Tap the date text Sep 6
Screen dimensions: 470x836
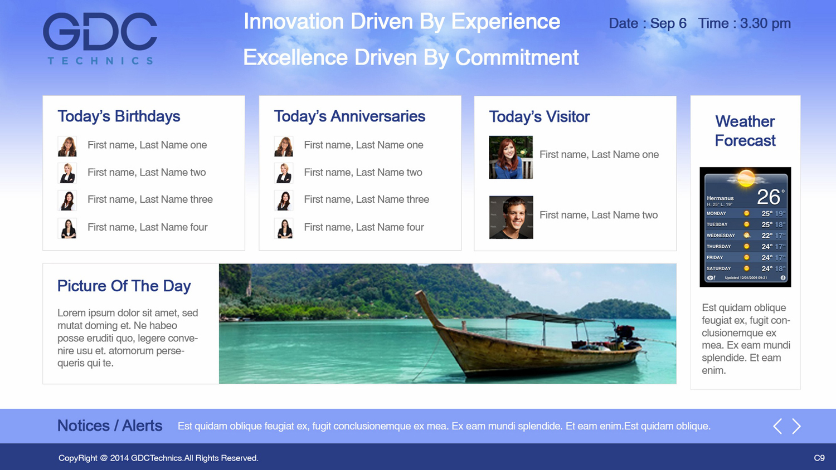pos(668,23)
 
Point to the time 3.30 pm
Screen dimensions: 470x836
pos(765,23)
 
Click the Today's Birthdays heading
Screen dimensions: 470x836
pos(119,116)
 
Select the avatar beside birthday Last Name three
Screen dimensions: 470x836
pos(67,200)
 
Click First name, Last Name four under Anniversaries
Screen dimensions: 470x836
pos(363,227)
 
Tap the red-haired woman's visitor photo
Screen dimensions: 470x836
pos(511,157)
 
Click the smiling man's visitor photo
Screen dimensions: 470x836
pos(511,217)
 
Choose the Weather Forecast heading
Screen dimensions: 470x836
pos(745,131)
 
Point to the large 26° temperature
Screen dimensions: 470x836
pos(770,197)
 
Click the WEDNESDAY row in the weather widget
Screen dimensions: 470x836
pos(745,236)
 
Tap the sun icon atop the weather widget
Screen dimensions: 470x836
pos(746,178)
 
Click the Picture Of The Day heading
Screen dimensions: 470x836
pos(124,286)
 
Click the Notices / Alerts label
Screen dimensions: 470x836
pos(110,426)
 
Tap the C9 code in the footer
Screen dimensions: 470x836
pos(819,458)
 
